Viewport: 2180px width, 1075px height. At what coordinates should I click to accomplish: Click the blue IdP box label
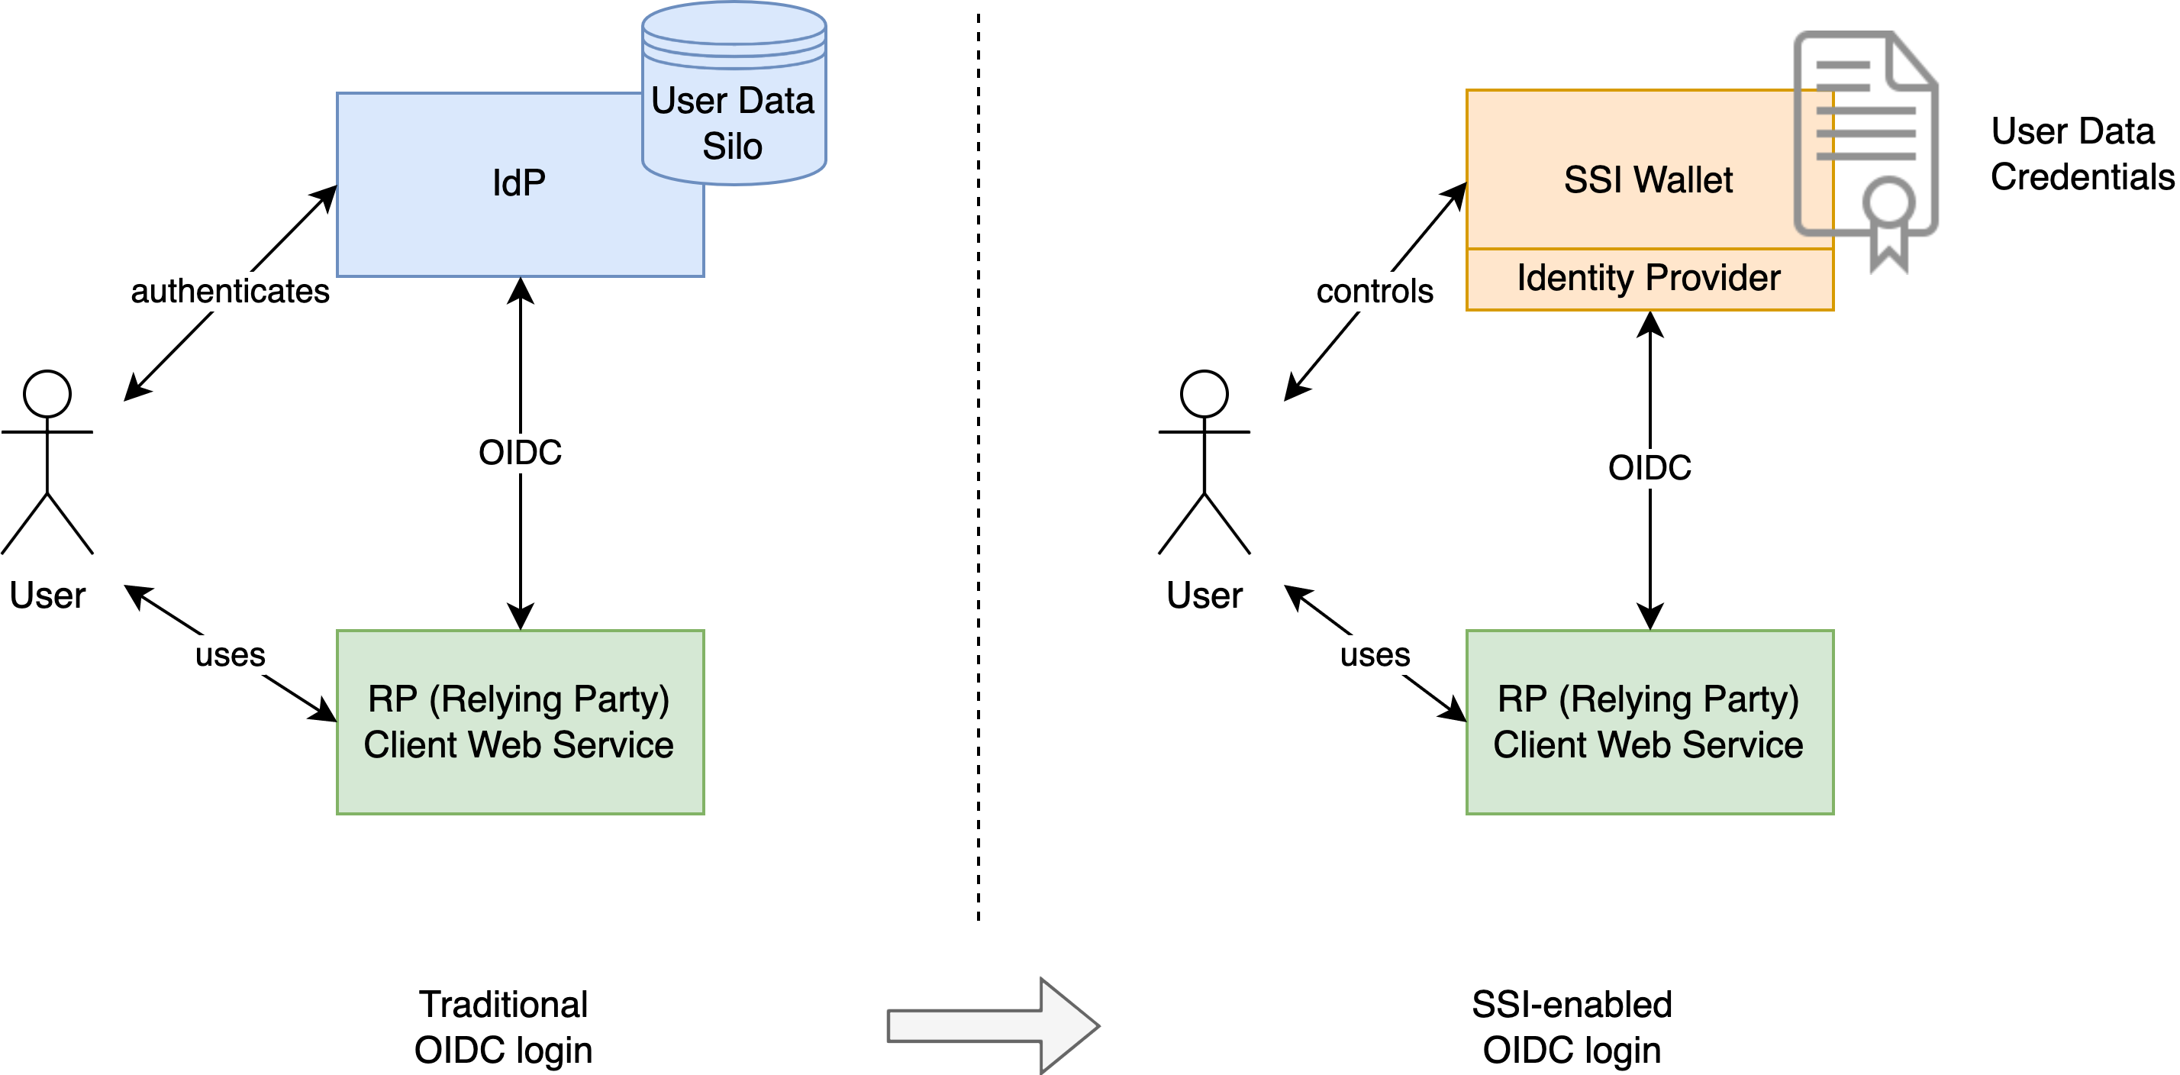(x=518, y=182)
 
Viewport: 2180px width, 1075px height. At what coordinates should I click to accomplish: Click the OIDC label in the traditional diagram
(x=520, y=452)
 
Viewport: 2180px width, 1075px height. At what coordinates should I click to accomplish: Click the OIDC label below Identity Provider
(x=1649, y=467)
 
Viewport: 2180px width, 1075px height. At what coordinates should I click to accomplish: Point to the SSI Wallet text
(x=1647, y=179)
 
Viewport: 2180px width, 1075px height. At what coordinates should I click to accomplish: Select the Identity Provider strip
(x=1649, y=279)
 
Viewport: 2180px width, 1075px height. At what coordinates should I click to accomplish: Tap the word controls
(x=1375, y=291)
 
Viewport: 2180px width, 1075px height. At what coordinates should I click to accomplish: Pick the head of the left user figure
(x=47, y=394)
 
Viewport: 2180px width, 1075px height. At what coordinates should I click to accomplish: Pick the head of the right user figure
(x=1204, y=394)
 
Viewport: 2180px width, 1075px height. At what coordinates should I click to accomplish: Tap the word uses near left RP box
(x=231, y=654)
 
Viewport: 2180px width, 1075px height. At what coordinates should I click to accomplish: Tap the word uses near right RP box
(x=1375, y=654)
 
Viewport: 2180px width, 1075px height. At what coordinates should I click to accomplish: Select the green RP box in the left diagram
(x=520, y=722)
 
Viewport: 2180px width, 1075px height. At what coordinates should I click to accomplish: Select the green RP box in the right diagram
(x=1649, y=722)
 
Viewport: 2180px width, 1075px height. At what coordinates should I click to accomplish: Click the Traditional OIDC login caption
(x=503, y=1026)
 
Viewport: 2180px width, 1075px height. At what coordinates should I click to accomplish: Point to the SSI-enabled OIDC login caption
(x=1571, y=1026)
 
